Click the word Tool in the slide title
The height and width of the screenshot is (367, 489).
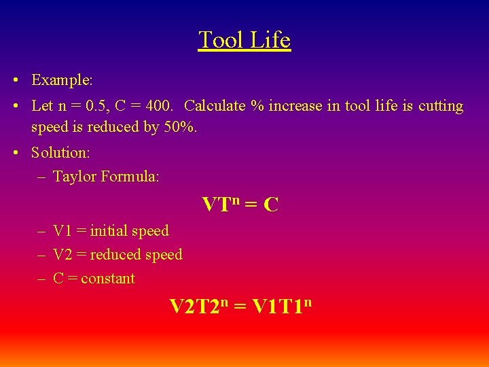click(221, 40)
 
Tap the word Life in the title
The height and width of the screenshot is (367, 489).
click(270, 40)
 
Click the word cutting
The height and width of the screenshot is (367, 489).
click(440, 107)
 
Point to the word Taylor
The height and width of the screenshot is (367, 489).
click(74, 177)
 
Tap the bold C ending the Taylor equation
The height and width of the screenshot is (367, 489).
click(270, 205)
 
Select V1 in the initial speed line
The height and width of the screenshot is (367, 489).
click(62, 231)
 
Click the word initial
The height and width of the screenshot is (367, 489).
click(108, 231)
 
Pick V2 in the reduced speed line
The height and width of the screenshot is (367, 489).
click(62, 255)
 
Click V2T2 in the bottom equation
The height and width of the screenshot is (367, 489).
click(193, 307)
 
